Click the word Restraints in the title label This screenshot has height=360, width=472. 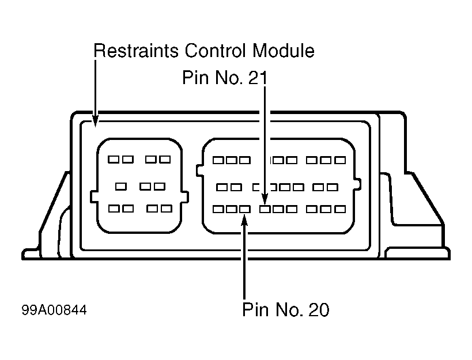point(136,51)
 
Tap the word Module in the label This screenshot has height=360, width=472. point(284,51)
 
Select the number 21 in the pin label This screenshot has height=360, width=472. point(258,78)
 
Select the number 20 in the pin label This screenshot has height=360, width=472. point(319,309)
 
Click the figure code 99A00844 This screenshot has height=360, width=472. point(54,310)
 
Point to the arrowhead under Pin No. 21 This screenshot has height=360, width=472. point(265,199)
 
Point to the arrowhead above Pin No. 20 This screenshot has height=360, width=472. point(244,219)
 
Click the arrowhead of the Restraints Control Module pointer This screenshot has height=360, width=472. point(96,122)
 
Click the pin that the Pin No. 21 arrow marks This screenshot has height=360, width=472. point(265,209)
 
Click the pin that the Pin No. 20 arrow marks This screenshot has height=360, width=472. point(245,209)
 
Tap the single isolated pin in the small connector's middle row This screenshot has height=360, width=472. point(120,187)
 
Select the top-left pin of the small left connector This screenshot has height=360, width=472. point(114,159)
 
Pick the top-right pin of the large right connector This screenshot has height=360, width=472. point(340,160)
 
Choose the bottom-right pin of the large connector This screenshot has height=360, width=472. point(340,209)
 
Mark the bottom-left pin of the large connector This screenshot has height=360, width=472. point(218,209)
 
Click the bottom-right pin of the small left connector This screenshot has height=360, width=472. point(167,209)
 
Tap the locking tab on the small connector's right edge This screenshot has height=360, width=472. point(185,197)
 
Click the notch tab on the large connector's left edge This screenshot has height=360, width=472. point(200,170)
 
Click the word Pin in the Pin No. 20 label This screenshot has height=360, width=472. point(255,309)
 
